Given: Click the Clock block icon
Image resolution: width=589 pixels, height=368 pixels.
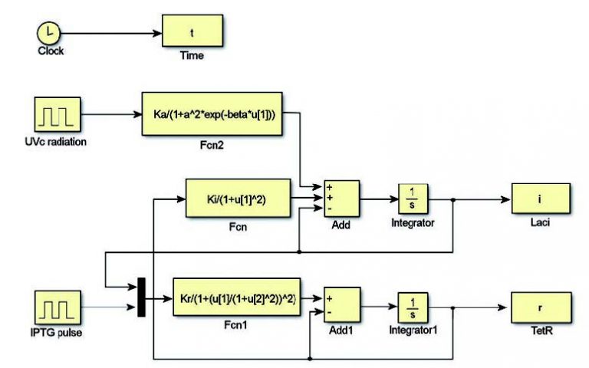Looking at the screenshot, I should point(48,33).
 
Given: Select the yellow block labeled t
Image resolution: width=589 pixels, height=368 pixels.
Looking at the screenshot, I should point(192,31).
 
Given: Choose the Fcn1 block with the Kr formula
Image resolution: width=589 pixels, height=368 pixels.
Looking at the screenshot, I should point(236,299).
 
